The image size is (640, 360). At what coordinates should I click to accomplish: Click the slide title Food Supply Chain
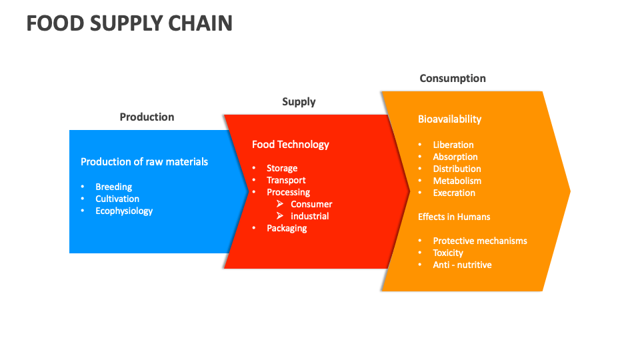point(129,23)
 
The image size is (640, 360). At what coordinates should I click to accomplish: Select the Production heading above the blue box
point(147,117)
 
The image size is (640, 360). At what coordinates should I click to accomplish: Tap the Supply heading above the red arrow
point(299,102)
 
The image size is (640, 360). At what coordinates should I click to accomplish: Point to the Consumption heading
point(453,79)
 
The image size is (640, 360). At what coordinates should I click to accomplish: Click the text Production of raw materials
point(144,161)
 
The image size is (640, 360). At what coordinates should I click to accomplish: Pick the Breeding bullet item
point(113,187)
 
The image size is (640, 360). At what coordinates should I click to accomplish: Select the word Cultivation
point(117,199)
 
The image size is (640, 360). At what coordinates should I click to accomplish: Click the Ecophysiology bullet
point(124,211)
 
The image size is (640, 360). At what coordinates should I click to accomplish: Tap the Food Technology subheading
point(290,144)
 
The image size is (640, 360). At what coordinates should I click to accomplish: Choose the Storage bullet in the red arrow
point(282,168)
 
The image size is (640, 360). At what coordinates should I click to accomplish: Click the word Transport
point(286,180)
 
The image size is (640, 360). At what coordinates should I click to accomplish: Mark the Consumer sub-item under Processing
point(311,204)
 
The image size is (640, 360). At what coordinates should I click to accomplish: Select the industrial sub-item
point(310,216)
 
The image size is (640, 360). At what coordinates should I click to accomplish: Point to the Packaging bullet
point(287,228)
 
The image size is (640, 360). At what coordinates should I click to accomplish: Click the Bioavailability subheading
point(449,119)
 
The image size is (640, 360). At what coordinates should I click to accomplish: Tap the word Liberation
point(453,145)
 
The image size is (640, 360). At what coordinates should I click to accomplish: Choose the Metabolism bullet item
point(457,181)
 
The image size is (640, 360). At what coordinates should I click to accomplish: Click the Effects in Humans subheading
point(454,217)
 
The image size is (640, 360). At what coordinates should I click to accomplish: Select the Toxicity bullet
point(448,253)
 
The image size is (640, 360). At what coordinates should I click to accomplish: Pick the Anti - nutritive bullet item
point(462,265)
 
